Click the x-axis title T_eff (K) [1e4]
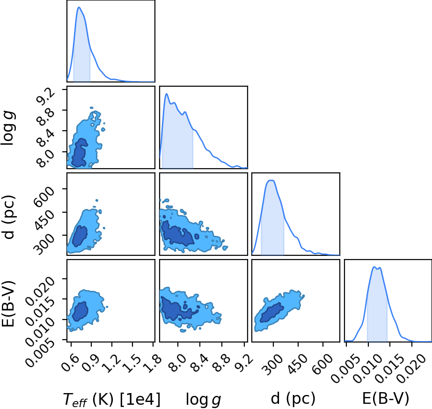111,399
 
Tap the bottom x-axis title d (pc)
293,399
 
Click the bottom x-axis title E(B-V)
386,399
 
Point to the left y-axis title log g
8,128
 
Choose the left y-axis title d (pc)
8,217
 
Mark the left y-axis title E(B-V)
8,304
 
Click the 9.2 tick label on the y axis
46,96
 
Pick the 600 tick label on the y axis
44,196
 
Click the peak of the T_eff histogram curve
79,7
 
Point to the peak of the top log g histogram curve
167,94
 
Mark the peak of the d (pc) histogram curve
271,180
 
